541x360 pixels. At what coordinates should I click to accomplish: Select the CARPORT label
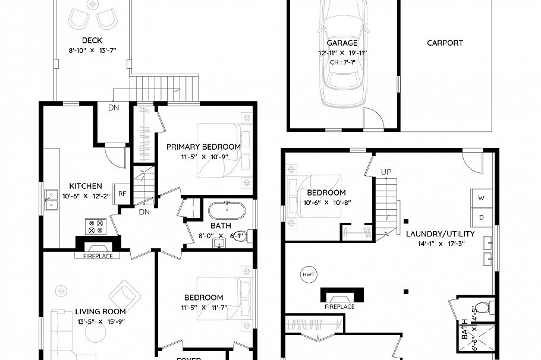point(445,43)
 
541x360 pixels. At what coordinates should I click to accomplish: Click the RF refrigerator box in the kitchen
point(122,193)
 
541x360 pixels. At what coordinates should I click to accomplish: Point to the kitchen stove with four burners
point(95,226)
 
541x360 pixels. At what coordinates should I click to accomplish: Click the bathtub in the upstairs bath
point(227,211)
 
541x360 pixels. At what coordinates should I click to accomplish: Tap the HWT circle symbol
point(309,274)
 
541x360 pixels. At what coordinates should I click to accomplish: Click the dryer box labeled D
point(482,217)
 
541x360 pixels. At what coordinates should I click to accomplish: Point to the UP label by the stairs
point(386,172)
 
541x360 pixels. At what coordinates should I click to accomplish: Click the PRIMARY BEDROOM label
point(203,147)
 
